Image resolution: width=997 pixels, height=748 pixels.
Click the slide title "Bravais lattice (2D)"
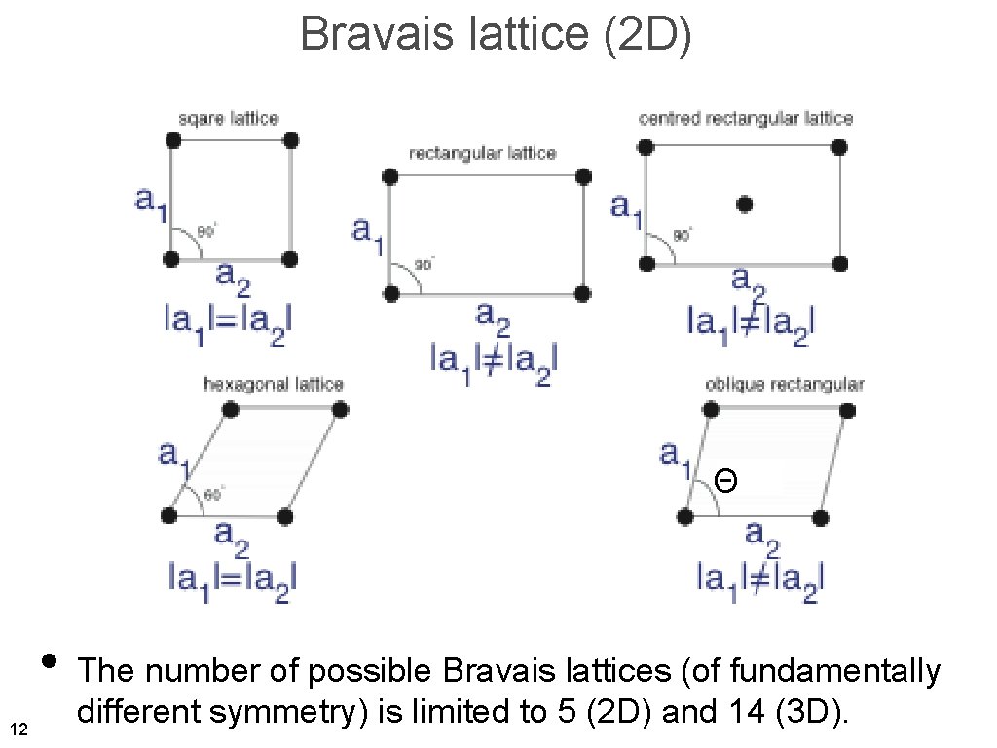(497, 35)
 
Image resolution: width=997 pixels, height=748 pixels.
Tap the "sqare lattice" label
(229, 119)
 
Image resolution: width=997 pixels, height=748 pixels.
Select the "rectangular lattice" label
(482, 153)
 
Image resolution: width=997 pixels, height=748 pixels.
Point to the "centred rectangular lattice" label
(745, 119)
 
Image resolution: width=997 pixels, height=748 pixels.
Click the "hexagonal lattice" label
(274, 385)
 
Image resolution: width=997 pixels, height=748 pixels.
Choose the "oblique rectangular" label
(784, 385)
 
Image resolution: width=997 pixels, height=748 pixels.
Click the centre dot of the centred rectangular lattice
(745, 205)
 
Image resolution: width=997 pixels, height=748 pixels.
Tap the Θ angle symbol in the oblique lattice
(724, 480)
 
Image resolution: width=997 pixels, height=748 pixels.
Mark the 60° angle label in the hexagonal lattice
(214, 494)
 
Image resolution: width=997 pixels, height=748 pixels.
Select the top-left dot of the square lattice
(172, 140)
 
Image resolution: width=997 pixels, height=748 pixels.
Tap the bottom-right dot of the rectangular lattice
(582, 293)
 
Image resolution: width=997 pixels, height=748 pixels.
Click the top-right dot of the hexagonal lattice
(340, 410)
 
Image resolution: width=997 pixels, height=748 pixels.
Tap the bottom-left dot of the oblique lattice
(686, 516)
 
